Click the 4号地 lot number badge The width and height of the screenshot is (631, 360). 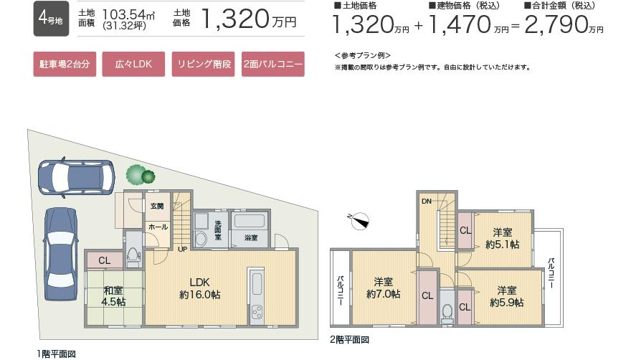click(x=50, y=20)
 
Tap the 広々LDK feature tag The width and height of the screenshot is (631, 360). click(x=133, y=65)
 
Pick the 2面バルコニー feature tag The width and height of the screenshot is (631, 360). click(x=273, y=65)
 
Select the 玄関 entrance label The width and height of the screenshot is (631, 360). click(x=156, y=207)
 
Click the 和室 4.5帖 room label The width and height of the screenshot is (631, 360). click(x=113, y=296)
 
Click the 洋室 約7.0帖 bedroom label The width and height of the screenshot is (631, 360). click(x=384, y=288)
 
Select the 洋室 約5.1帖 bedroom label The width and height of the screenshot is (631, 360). click(x=502, y=238)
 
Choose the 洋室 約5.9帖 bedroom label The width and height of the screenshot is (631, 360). click(x=507, y=296)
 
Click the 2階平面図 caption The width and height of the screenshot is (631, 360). click(x=350, y=339)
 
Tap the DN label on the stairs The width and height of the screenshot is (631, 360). click(x=426, y=201)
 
